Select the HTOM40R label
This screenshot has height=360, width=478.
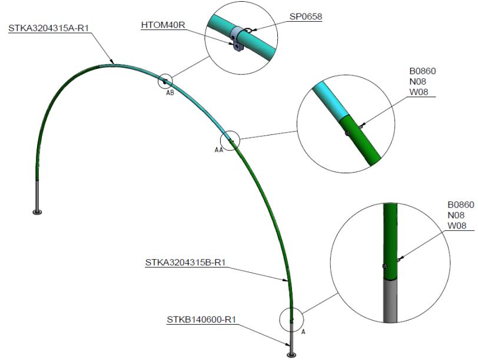tap(162, 25)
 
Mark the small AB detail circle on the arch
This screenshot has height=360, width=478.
tap(165, 81)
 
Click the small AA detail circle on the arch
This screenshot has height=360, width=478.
tap(230, 140)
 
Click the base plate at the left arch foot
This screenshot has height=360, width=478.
tap(38, 211)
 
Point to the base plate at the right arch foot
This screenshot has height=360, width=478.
tap(291, 354)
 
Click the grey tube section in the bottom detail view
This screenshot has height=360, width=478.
tap(389, 300)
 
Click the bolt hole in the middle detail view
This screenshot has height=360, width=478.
tap(348, 133)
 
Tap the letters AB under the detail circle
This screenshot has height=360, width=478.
tap(170, 93)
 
